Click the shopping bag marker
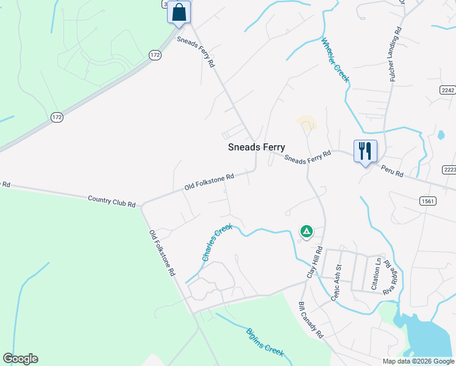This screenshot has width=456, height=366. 179,12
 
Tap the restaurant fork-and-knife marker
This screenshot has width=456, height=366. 365,151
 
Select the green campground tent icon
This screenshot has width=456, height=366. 306,231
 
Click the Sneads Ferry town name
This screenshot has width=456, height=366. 256,147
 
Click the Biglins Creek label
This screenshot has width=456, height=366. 265,342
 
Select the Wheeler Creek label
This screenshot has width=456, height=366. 335,60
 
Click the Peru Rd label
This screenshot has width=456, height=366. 392,170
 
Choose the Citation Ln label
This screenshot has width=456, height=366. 377,273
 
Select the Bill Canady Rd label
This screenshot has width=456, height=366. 310,320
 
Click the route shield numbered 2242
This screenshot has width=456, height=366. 447,90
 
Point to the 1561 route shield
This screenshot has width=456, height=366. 427,200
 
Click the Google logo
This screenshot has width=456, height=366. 20,359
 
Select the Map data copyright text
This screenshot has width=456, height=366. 418,361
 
